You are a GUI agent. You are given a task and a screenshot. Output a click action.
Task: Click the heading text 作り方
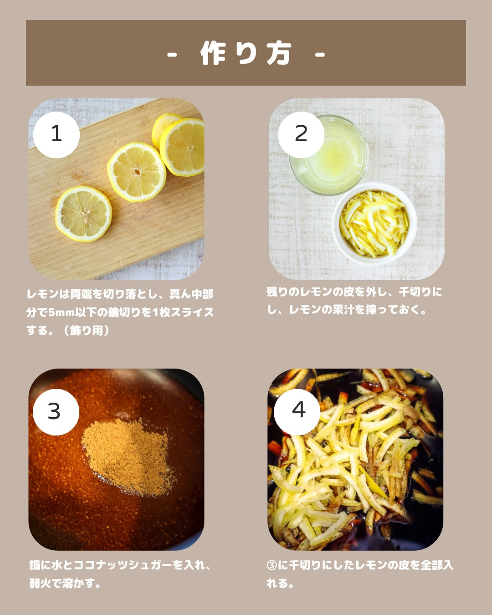246,53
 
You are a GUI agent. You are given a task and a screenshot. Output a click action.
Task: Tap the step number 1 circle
56,134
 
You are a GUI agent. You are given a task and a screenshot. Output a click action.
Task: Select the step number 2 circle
301,134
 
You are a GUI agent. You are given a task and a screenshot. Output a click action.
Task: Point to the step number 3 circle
56,412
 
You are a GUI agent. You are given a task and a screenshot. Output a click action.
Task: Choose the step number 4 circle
297,412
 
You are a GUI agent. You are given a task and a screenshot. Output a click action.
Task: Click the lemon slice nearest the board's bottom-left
83,214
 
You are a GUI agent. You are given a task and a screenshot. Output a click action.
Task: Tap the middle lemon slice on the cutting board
137,172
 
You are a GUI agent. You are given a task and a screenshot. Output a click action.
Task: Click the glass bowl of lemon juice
329,155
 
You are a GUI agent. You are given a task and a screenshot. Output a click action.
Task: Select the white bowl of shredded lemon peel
374,224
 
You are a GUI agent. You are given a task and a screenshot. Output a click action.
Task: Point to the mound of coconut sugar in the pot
128,457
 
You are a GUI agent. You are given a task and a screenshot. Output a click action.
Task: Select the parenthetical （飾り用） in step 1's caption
86,331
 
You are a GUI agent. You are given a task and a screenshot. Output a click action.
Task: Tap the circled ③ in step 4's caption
272,565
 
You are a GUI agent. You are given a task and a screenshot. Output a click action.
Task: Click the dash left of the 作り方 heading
172,54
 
